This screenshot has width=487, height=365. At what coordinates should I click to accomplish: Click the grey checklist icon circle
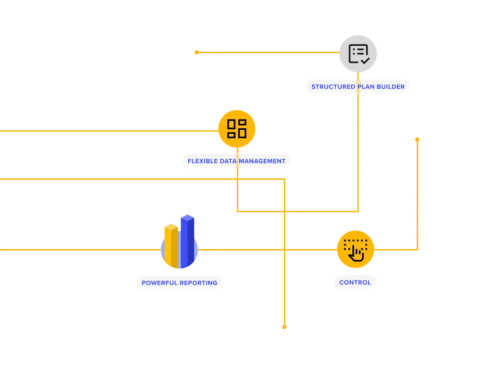pyautogui.click(x=358, y=54)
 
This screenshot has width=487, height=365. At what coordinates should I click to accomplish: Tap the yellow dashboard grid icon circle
pyautogui.click(x=237, y=129)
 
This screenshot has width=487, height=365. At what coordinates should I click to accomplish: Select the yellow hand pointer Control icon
pyautogui.click(x=356, y=249)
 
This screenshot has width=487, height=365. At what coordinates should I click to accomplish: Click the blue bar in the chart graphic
pyautogui.click(x=187, y=240)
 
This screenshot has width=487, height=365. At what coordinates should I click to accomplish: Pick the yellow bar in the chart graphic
pyautogui.click(x=171, y=245)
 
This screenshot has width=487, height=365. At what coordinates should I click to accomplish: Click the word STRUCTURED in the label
pyautogui.click(x=333, y=87)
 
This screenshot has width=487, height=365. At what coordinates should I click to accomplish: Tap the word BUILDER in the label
pyautogui.click(x=391, y=87)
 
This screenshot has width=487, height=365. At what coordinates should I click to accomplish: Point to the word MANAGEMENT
pyautogui.click(x=263, y=161)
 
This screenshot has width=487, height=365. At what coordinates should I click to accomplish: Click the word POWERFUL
pyautogui.click(x=159, y=283)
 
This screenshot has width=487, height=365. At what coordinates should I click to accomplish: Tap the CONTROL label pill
pyautogui.click(x=355, y=283)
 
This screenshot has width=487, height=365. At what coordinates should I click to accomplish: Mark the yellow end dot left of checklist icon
pyautogui.click(x=197, y=52)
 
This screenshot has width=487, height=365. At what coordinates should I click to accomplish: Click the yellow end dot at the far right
pyautogui.click(x=417, y=140)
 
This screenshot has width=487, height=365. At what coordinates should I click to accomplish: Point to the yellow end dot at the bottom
pyautogui.click(x=284, y=327)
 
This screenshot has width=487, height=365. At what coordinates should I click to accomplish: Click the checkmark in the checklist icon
pyautogui.click(x=365, y=60)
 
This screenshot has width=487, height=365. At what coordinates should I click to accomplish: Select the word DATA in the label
pyautogui.click(x=227, y=161)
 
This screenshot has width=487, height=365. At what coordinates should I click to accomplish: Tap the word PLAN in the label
pyautogui.click(x=366, y=87)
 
